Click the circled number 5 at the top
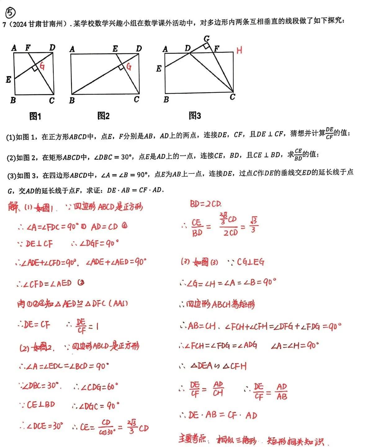click(10, 13)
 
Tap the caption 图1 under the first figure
click(35, 116)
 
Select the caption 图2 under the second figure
click(103, 116)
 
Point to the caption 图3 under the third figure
click(195, 116)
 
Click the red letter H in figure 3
click(239, 50)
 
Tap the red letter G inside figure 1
click(42, 66)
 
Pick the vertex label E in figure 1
click(8, 80)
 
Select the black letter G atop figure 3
click(207, 38)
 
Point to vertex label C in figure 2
click(137, 99)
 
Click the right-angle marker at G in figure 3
click(206, 46)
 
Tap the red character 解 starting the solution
click(13, 206)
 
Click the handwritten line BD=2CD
click(205, 204)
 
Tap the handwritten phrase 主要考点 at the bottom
click(192, 439)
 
